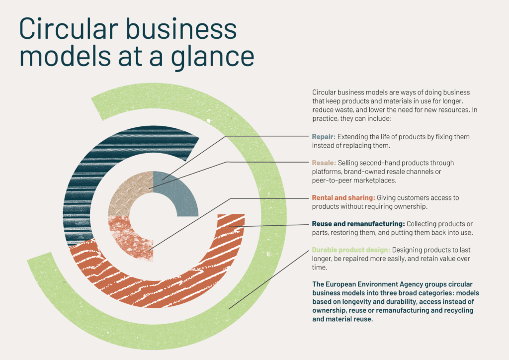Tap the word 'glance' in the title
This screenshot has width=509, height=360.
point(212,57)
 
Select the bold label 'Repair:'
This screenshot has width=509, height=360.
point(324,137)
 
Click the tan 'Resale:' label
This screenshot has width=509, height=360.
point(324,163)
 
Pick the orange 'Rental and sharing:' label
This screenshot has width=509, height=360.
point(343,198)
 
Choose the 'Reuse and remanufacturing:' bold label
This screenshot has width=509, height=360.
point(358,224)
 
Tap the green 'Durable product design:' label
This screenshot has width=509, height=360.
point(351,250)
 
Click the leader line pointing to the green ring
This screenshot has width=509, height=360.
point(269,279)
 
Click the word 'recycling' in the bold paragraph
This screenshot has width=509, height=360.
point(459,310)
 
